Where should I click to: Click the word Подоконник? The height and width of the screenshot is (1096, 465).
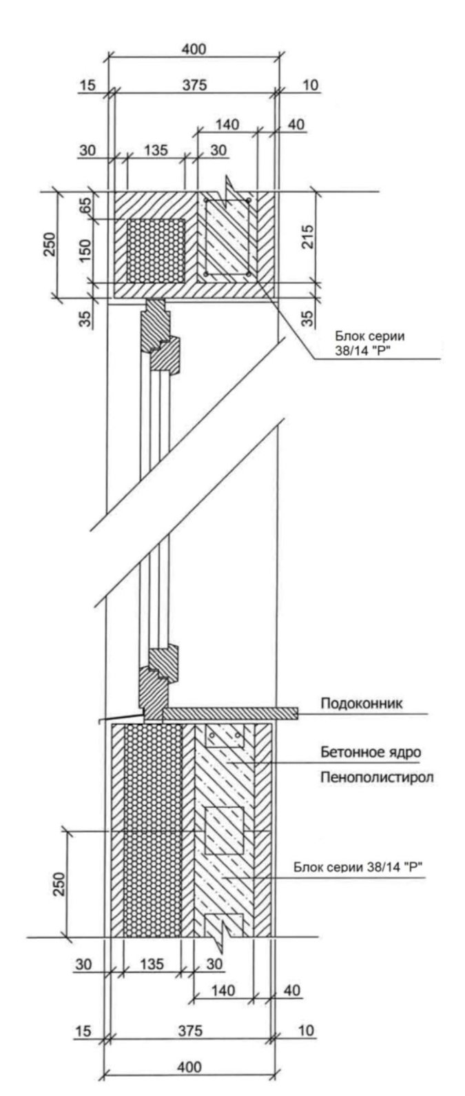[361, 704]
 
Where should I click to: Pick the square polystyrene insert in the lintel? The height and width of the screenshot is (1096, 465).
[156, 249]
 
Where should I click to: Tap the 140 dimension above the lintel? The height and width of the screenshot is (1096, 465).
[226, 125]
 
